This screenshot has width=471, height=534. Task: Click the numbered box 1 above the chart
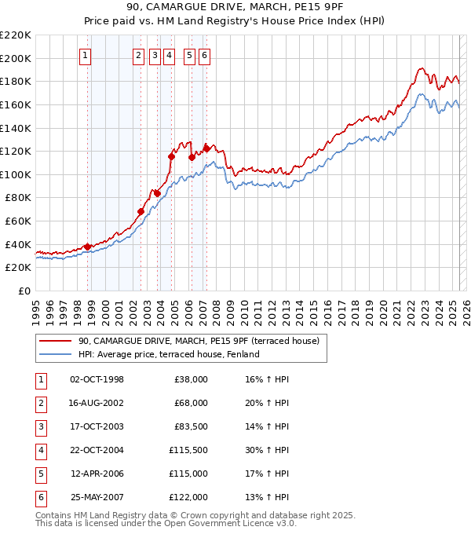84,55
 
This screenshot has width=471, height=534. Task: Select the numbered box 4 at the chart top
169,55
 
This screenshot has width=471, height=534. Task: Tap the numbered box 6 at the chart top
204,55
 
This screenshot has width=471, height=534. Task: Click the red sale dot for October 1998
87,247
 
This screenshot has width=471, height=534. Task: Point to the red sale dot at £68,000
141,211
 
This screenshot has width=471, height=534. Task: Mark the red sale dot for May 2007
206,148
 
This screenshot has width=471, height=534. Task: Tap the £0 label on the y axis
24,291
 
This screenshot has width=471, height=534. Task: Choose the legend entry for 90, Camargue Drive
198,342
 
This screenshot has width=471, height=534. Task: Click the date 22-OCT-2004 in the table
97,450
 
